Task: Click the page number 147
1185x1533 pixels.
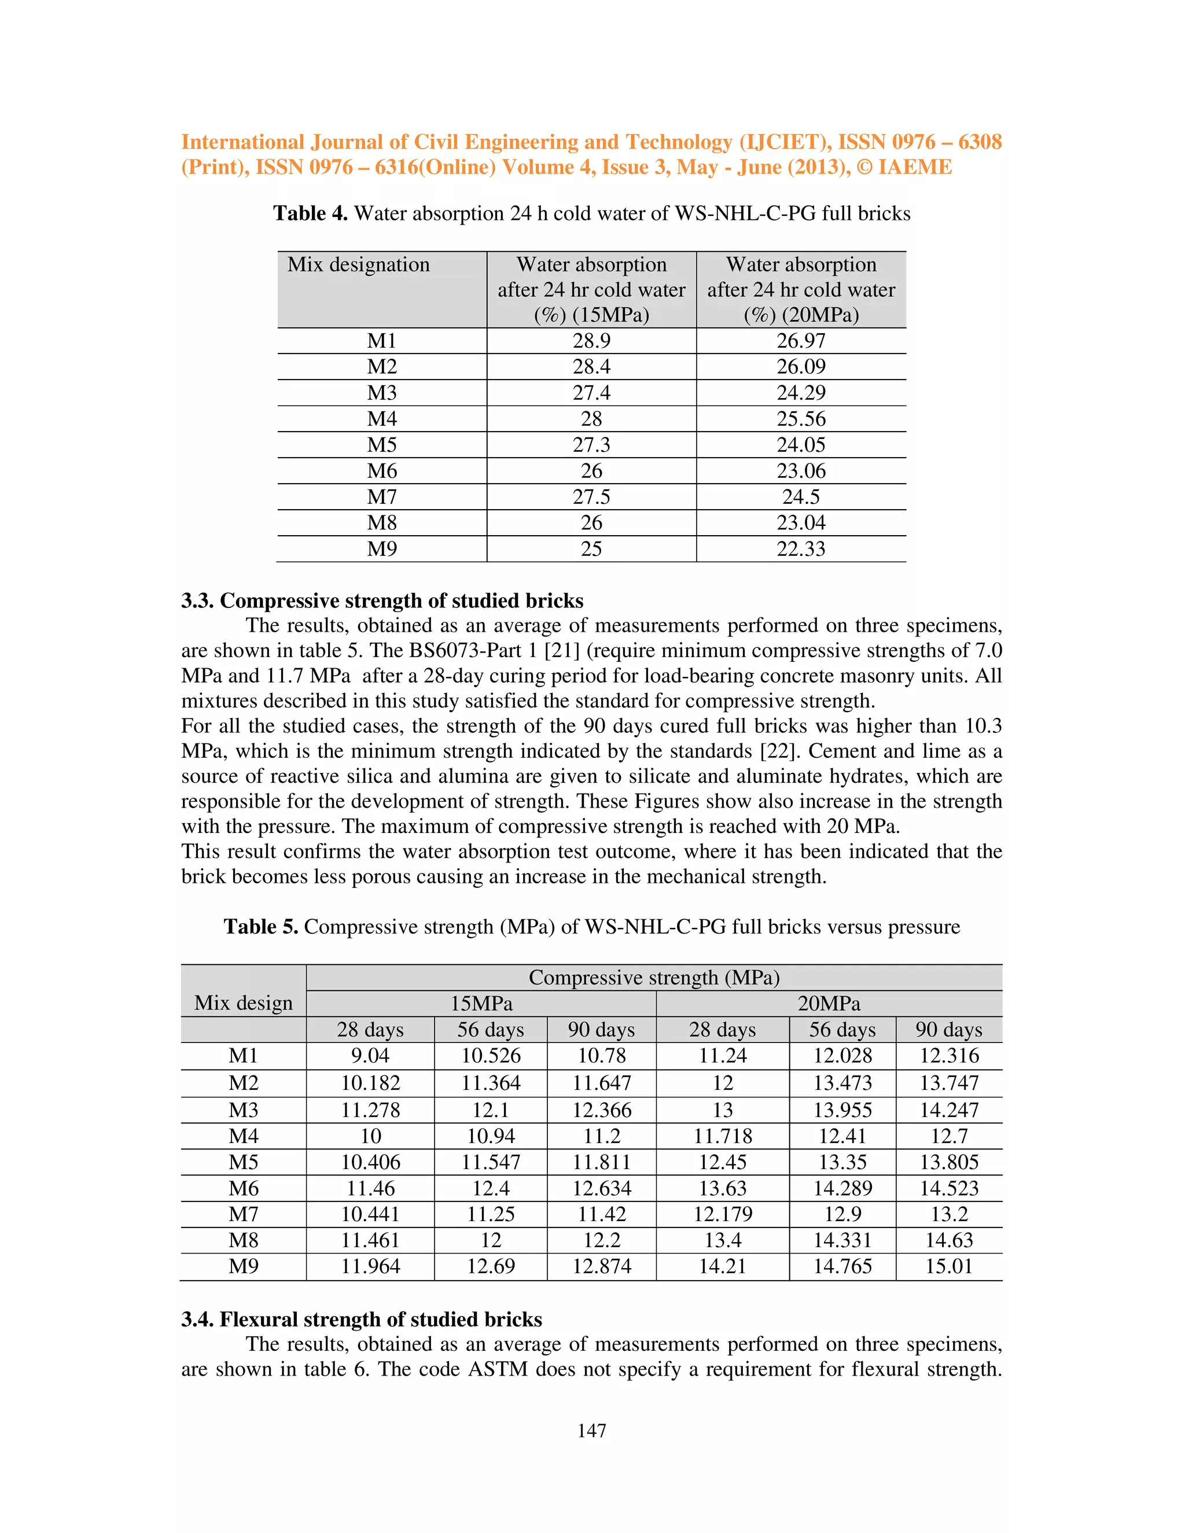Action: click(592, 1431)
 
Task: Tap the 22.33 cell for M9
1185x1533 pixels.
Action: click(801, 549)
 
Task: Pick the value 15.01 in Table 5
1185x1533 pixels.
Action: click(948, 1266)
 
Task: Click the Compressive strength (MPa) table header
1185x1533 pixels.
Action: click(654, 977)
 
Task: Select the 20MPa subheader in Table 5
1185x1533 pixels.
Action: click(829, 1003)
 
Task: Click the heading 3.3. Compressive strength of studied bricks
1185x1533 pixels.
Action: click(382, 601)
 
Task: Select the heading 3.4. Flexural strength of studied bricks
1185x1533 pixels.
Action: click(361, 1320)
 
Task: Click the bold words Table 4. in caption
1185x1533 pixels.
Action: click(310, 213)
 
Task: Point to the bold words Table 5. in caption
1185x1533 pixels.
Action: click(260, 927)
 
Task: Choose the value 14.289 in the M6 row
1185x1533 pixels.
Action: click(842, 1188)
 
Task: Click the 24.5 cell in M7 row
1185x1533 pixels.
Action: click(801, 497)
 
